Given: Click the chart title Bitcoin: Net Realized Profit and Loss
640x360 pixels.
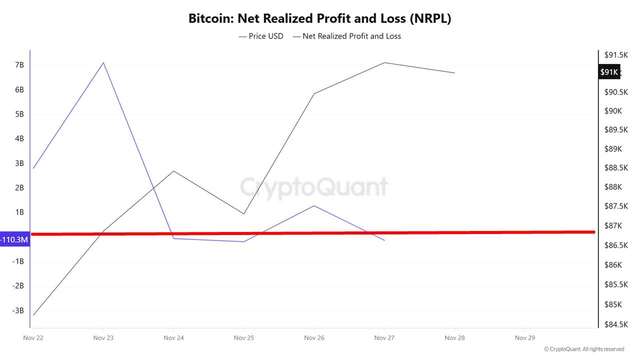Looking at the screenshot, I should coord(319,18).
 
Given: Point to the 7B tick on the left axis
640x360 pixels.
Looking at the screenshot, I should coord(19,65).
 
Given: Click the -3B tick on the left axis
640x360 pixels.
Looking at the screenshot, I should coord(18,310).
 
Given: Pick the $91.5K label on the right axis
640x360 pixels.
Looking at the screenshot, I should coord(616,55).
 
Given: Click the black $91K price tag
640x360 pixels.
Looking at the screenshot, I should coord(609,72).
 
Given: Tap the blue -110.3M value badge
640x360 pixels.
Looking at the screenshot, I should coord(14,240).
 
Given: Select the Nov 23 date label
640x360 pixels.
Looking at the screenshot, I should coord(103,338).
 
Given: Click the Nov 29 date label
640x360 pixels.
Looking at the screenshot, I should coord(524,338).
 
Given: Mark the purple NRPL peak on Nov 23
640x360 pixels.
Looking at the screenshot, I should coord(103,62).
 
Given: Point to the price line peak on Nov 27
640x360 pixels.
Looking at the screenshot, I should coord(384,62).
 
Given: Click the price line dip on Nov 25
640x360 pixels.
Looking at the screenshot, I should coord(243,214).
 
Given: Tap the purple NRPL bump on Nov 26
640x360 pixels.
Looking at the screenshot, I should coord(314,205).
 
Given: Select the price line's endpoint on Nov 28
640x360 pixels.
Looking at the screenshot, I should coord(454,73).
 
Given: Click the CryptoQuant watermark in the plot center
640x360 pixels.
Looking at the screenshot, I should coord(314,187).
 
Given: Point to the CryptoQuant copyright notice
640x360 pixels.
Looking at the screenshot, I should coord(584,349).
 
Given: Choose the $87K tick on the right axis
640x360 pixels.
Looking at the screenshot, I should coord(613,226).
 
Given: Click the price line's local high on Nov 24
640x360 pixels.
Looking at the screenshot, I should coord(173,171).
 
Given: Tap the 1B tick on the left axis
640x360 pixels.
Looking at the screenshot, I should coord(19,212).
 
